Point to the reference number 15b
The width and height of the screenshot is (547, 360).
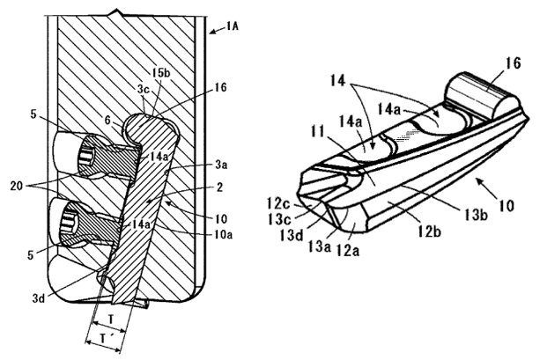(161, 74)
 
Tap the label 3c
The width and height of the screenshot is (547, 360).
(143, 89)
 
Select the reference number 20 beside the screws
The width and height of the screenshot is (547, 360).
(17, 186)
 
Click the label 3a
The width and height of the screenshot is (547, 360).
(221, 164)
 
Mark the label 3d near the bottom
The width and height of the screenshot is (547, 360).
(39, 298)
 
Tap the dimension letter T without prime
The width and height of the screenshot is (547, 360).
(110, 320)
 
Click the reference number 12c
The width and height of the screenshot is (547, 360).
(279, 202)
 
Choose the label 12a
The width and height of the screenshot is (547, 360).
(347, 250)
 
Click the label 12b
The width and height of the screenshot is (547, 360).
(430, 231)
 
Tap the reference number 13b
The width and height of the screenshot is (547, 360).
(476, 214)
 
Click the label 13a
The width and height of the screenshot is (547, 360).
(319, 247)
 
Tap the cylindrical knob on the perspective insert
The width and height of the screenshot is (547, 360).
(482, 93)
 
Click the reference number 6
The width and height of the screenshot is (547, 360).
(109, 121)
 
